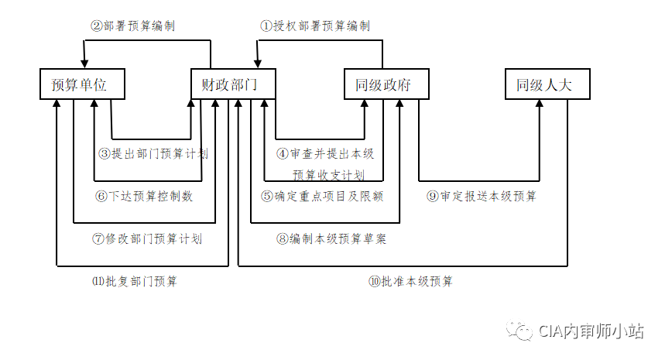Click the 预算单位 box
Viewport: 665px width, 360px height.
[83, 84]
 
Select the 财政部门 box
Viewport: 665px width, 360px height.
[234, 84]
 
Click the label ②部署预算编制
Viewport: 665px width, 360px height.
[133, 26]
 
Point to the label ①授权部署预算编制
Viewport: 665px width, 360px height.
[315, 26]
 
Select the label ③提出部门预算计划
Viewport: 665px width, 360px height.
[153, 154]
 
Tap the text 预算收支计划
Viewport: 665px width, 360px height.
[329, 175]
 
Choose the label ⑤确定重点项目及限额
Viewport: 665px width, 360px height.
[323, 196]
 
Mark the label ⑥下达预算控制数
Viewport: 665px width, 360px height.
[145, 196]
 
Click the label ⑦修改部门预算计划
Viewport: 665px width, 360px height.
[147, 238]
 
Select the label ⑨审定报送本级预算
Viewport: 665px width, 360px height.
[482, 196]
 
